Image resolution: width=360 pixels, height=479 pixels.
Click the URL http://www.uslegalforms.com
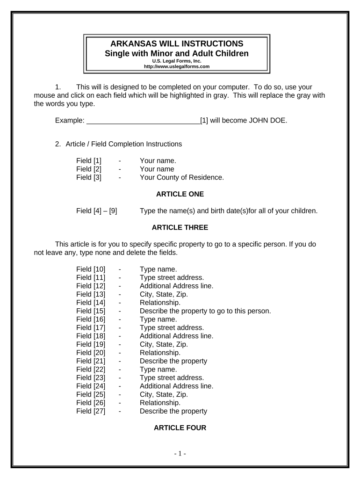[177, 66]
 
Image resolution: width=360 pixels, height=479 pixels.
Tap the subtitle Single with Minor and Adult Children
[177, 53]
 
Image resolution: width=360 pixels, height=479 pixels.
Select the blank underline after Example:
[143, 121]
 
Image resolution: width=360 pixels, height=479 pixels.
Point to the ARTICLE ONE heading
[180, 194]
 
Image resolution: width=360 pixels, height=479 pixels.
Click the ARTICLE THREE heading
[180, 228]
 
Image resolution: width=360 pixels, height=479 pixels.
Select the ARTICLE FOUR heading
[180, 428]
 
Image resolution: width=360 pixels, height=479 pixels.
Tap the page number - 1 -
[180, 453]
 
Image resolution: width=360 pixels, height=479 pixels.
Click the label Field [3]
[89, 178]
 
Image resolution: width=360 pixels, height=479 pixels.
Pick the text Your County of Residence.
[182, 178]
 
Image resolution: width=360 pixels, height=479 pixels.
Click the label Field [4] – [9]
[97, 211]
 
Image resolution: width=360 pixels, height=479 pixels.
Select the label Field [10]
[91, 269]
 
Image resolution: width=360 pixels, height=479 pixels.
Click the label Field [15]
[91, 311]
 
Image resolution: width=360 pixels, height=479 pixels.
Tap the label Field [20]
[91, 353]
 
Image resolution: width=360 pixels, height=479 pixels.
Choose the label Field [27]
[91, 411]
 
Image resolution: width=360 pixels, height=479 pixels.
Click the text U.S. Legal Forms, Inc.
[177, 61]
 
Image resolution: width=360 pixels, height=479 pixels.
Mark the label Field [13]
[91, 294]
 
